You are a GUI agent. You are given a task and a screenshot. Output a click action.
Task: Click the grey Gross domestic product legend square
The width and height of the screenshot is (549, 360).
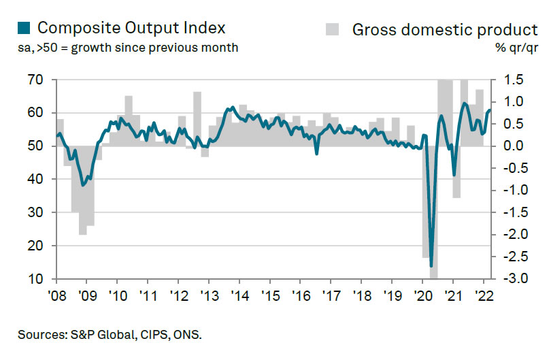(332, 29)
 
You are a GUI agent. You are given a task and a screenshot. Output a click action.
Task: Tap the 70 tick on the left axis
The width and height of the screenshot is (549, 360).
(36, 80)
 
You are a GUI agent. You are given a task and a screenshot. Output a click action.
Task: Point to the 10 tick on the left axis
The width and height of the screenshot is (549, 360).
(36, 279)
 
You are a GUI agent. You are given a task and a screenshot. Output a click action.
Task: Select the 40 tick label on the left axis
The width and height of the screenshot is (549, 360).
(36, 179)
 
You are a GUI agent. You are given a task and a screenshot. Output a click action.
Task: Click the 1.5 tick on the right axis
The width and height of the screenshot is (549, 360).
(515, 80)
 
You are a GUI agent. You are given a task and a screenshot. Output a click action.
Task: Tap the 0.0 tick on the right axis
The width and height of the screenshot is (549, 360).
(515, 146)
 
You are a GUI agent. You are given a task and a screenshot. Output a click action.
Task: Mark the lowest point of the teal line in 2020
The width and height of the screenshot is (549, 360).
(431, 265)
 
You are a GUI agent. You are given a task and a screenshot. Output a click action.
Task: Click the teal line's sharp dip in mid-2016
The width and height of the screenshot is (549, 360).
(316, 154)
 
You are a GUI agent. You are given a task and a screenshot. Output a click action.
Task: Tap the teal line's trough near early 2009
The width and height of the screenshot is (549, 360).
(83, 184)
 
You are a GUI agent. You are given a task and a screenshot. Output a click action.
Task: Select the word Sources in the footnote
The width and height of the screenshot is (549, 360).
(37, 335)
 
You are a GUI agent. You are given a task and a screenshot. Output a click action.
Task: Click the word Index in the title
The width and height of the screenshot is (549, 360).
(201, 29)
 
